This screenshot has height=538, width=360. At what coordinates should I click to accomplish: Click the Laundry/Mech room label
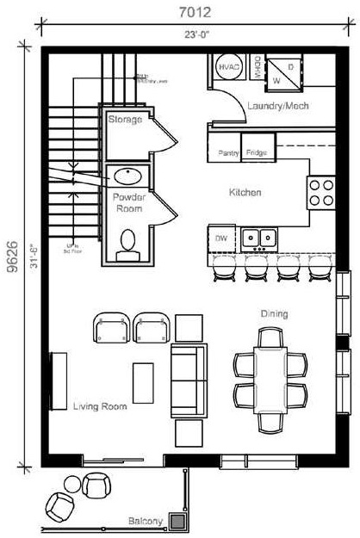pyautogui.click(x=278, y=107)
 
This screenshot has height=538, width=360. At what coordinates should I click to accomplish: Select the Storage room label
pyautogui.click(x=125, y=120)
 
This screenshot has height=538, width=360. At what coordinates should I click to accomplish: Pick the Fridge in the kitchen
pyautogui.click(x=257, y=152)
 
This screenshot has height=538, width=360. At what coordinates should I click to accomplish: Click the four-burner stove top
pyautogui.click(x=321, y=192)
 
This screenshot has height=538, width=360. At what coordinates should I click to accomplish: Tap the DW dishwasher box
pyautogui.click(x=220, y=236)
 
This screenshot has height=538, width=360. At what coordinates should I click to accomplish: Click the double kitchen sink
pyautogui.click(x=258, y=236)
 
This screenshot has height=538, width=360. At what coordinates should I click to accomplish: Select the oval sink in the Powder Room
pyautogui.click(x=127, y=176)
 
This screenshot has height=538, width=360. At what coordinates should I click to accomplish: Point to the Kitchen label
pyautogui.click(x=245, y=193)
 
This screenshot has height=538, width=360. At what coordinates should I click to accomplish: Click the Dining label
pyautogui.click(x=275, y=313)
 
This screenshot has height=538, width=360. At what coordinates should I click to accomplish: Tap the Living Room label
pyautogui.click(x=100, y=405)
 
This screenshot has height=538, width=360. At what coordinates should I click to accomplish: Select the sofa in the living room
pyautogui.click(x=189, y=379)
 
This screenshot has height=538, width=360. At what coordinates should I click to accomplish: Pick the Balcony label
pyautogui.click(x=143, y=522)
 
